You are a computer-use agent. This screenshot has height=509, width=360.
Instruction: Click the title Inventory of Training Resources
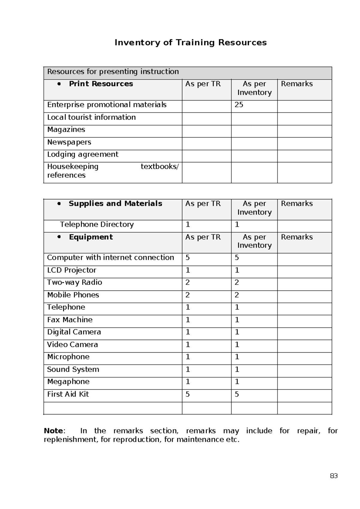[190, 43]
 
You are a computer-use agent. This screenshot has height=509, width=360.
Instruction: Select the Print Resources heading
[101, 84]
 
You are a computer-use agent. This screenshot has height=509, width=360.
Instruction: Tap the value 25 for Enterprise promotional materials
[239, 105]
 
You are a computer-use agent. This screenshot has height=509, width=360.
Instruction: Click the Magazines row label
[66, 130]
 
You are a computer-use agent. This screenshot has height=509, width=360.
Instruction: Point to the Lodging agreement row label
[82, 154]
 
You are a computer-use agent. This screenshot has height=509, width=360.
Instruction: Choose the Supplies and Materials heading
[115, 203]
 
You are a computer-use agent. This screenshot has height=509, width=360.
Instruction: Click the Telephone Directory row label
[97, 224]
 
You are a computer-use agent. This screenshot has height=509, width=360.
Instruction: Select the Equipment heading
[91, 237]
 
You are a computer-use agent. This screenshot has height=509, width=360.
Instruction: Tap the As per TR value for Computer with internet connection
[187, 258]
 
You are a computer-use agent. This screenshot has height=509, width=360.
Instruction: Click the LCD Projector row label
[71, 270]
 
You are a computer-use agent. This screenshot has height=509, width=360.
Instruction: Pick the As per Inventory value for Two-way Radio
[237, 282]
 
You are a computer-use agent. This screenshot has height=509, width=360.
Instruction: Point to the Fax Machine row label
[70, 320]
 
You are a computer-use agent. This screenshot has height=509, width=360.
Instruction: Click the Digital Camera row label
[74, 332]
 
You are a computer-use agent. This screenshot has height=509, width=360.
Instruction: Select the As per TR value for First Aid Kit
[187, 394]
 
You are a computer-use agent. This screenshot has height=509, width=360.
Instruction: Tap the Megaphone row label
[68, 382]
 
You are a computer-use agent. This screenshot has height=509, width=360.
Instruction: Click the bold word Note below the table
[53, 431]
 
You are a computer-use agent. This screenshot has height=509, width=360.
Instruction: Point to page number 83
[334, 476]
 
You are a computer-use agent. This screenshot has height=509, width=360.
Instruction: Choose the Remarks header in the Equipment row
[296, 237]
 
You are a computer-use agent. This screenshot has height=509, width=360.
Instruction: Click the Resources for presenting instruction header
[113, 72]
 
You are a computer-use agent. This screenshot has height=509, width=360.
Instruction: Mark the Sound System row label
[73, 369]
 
